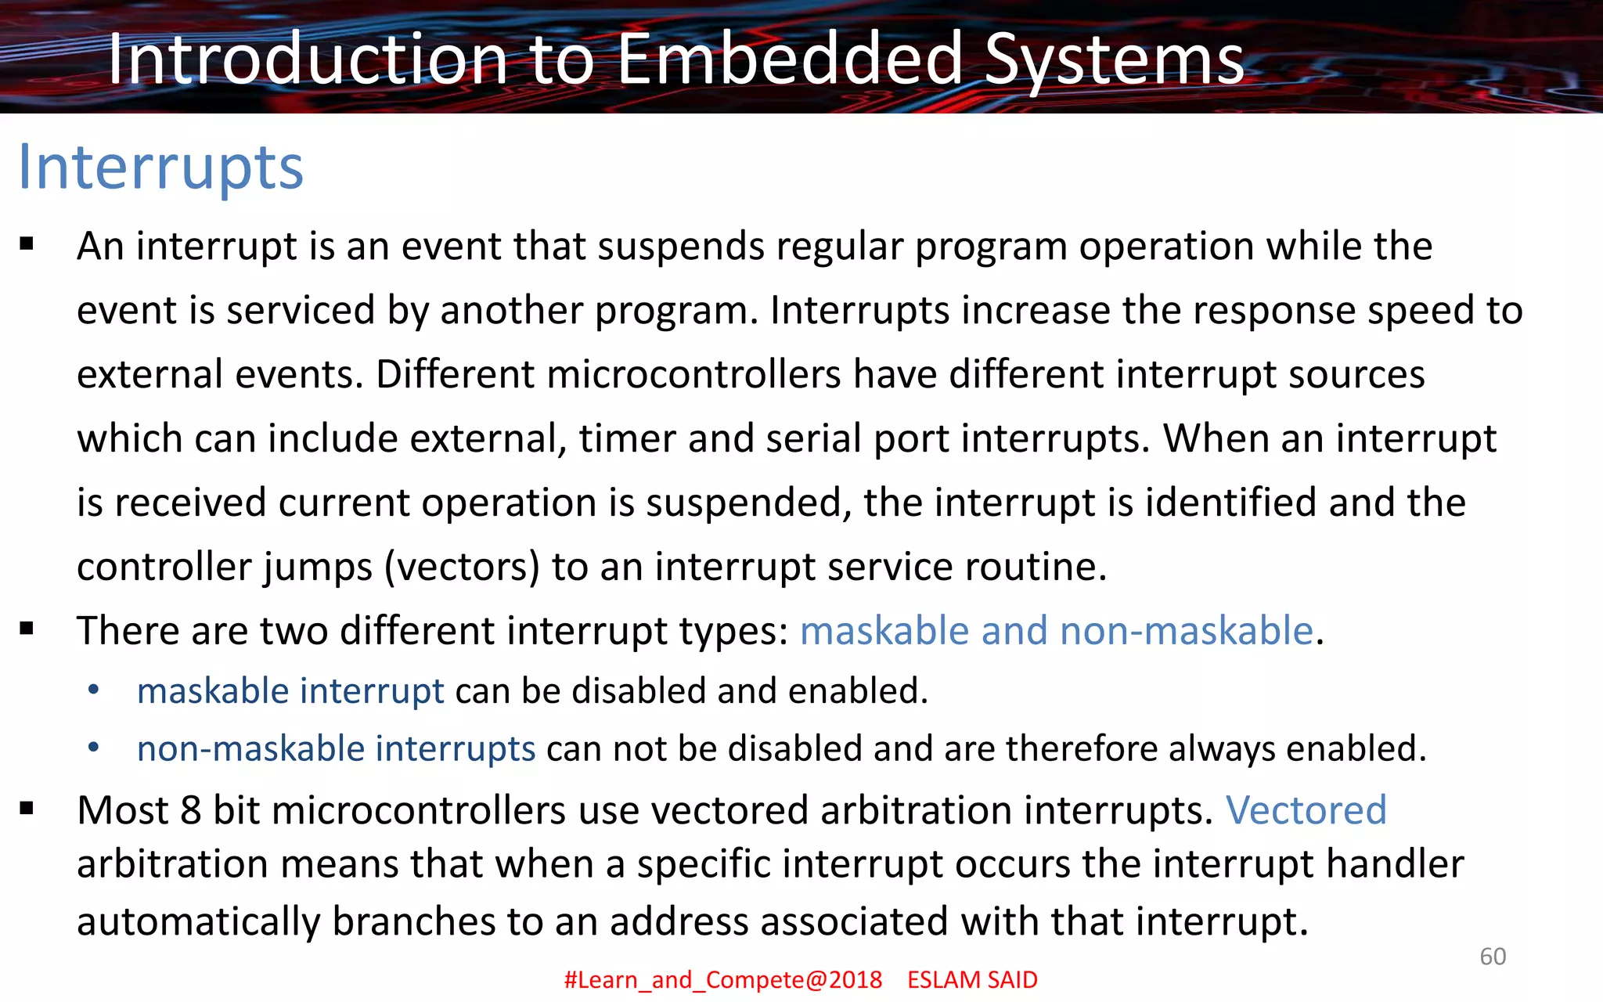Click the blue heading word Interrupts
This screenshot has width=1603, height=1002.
click(x=160, y=168)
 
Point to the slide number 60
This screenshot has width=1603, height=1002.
click(x=1493, y=956)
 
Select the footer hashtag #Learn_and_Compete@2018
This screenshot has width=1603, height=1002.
click(x=723, y=979)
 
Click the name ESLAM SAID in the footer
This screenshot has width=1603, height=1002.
click(x=972, y=979)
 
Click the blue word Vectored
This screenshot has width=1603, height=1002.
click(x=1306, y=809)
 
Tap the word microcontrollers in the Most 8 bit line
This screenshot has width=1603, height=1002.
click(x=419, y=809)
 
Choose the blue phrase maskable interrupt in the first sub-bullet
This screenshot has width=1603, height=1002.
click(x=290, y=690)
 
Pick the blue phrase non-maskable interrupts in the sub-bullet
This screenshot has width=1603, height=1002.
click(x=336, y=748)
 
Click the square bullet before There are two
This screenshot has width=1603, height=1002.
click(x=27, y=628)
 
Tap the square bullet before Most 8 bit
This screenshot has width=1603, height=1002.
click(x=27, y=808)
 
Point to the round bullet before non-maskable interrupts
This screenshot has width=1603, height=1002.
click(x=94, y=748)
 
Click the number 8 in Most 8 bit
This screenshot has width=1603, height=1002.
click(x=191, y=809)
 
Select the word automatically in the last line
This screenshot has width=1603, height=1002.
click(x=199, y=921)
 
